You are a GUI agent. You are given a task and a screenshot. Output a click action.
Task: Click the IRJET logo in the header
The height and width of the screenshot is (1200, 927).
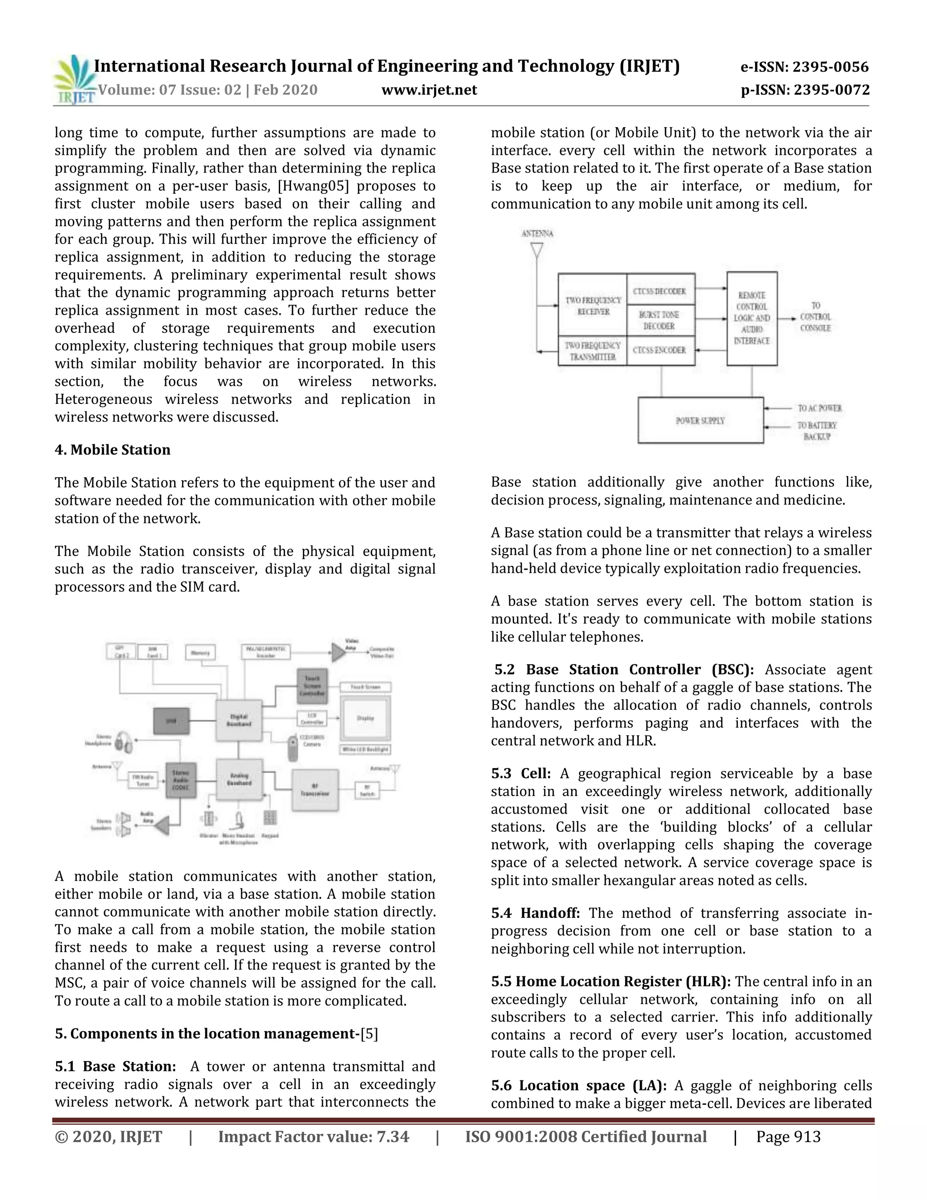74,80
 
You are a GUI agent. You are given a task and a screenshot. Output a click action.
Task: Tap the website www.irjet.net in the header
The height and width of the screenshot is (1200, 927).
429,90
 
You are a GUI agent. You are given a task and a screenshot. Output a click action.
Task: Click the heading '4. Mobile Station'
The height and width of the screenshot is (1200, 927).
113,450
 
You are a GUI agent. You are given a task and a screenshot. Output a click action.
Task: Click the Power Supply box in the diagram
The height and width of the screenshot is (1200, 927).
700,420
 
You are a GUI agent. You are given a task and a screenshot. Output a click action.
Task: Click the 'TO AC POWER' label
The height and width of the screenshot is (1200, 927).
819,408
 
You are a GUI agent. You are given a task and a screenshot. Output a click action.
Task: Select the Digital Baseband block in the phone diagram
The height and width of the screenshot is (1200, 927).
239,720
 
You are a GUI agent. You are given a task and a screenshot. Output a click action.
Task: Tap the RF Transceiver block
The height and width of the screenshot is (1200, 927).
315,790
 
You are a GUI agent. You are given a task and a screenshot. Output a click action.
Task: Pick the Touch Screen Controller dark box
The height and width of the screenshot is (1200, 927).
312,686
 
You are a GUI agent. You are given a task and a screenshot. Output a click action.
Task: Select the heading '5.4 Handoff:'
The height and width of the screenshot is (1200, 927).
535,913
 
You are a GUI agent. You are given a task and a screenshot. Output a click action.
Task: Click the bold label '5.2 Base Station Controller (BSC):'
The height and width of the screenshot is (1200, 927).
624,669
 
